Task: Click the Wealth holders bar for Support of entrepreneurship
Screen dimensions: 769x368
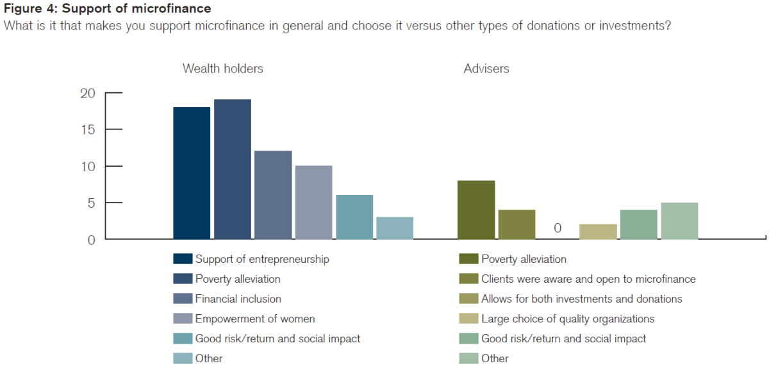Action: [192, 173]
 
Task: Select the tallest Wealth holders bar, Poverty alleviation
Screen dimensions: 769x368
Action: [233, 169]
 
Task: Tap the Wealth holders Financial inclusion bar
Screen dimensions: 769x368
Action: [273, 195]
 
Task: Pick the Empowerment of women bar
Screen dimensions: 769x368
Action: [314, 202]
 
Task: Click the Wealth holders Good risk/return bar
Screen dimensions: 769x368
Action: [354, 217]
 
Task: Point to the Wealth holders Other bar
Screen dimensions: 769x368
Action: [395, 228]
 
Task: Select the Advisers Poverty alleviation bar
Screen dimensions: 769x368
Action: [476, 210]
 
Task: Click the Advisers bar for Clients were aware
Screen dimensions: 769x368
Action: [517, 224]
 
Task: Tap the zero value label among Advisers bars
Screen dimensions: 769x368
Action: [558, 228]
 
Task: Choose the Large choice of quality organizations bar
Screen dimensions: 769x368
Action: [598, 231]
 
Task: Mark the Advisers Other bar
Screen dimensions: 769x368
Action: [679, 221]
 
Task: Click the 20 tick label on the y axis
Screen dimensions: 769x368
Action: [88, 93]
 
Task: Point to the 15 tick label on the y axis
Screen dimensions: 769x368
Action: [88, 130]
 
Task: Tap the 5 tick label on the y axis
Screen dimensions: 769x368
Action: [91, 203]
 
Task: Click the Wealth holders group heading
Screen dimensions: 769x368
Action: [223, 69]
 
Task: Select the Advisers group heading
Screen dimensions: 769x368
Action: [486, 69]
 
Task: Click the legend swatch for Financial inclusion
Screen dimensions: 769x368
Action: [183, 299]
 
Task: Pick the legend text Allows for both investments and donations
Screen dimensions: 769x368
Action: [582, 299]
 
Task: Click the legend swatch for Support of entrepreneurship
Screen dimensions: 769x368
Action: [183, 259]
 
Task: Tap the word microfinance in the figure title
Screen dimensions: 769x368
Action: [171, 8]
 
